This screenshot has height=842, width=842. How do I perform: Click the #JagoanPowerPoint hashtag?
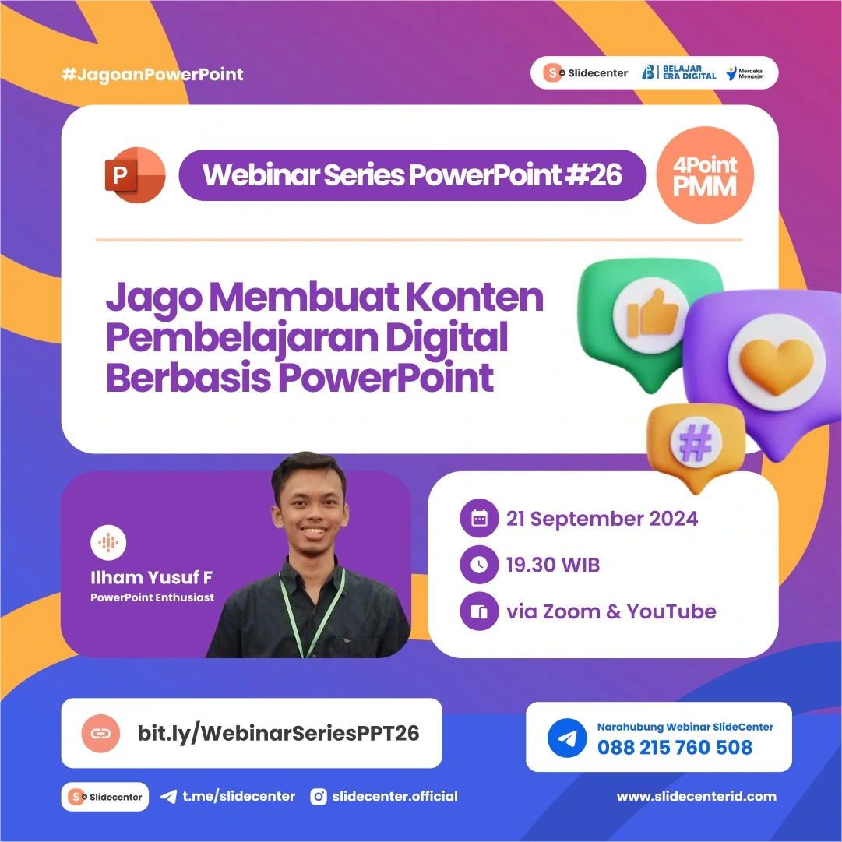click(152, 75)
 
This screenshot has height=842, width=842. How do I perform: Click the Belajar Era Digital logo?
click(678, 72)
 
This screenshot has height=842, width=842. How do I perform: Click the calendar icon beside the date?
click(479, 519)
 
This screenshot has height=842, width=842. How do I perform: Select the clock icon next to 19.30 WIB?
click(479, 565)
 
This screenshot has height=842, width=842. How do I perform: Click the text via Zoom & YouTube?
click(611, 611)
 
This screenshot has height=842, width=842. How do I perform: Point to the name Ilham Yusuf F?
click(151, 578)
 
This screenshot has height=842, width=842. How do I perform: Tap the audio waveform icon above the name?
click(108, 543)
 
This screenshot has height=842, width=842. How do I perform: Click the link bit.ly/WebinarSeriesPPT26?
click(278, 733)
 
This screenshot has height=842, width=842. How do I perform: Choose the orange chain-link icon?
click(101, 733)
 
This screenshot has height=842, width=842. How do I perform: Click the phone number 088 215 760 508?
click(675, 748)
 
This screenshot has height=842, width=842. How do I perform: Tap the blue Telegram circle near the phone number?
click(567, 738)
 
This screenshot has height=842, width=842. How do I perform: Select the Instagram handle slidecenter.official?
click(394, 796)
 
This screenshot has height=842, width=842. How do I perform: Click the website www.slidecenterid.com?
click(696, 796)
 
